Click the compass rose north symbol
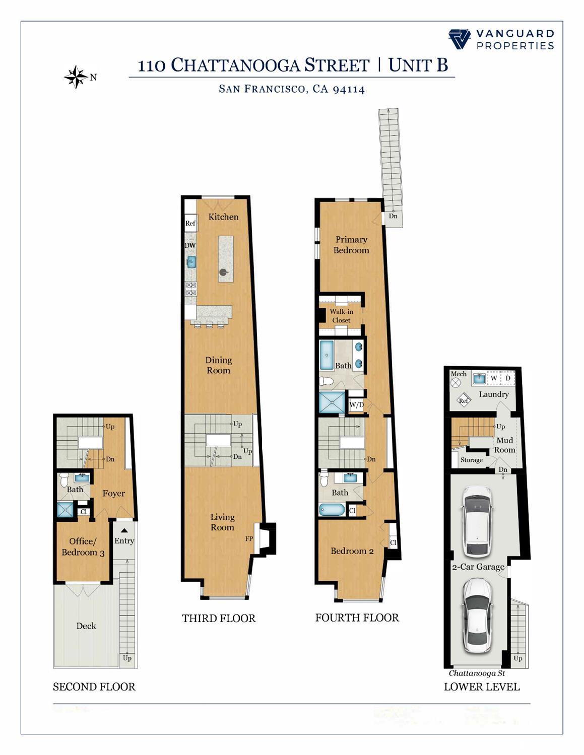(x=76, y=77)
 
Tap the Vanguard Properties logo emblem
(x=459, y=39)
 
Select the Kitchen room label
(x=223, y=217)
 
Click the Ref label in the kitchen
(x=190, y=223)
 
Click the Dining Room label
(x=218, y=365)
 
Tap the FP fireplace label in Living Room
(x=249, y=538)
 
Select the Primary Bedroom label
(x=351, y=245)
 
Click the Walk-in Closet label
(x=341, y=316)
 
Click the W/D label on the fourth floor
(x=356, y=404)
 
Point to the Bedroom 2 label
(x=352, y=551)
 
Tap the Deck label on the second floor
(x=86, y=626)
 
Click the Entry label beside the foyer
(x=124, y=541)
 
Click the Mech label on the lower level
(x=459, y=374)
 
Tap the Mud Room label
(x=504, y=445)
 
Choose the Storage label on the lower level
(x=471, y=460)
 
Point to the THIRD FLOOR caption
(x=219, y=618)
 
